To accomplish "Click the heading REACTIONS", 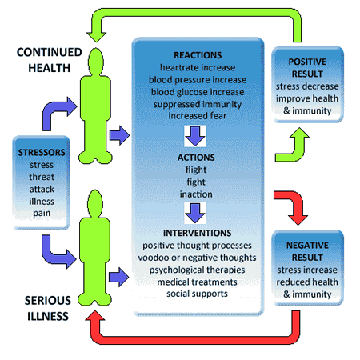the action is coord(198,55).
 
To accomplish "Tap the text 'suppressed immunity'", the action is coord(198,104).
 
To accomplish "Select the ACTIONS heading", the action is coord(196,158).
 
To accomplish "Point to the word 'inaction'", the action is coord(196,194).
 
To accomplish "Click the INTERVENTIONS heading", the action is coord(197,233).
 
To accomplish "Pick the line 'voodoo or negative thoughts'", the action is coord(197,258).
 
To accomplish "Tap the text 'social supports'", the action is coord(197,294).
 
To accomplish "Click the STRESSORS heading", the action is coord(42,152).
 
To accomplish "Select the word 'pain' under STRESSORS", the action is coord(42,214).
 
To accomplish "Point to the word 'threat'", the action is coord(42,177).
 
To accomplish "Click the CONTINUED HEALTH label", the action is coord(50,60).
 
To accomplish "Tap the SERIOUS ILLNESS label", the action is coord(48,308).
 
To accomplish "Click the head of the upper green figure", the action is coord(95,61).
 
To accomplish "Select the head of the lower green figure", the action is coord(95,203).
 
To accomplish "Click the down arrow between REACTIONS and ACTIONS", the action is coord(195,136).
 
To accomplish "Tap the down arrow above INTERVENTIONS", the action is coord(195,213).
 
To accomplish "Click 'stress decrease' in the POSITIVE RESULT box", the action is coord(307,86).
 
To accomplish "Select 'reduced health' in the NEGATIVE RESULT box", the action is coord(307,282).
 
